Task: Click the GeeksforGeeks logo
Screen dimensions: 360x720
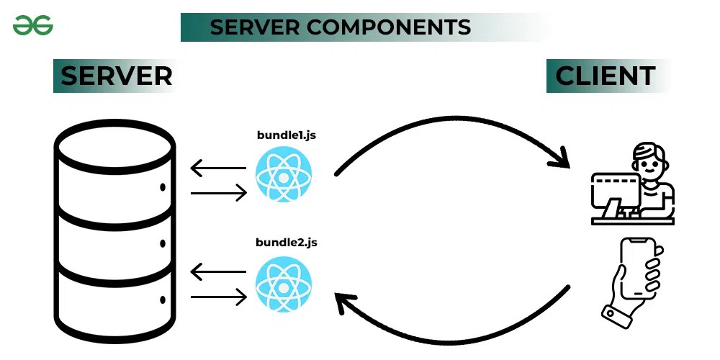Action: coord(32,27)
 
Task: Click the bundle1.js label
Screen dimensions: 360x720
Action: coord(286,135)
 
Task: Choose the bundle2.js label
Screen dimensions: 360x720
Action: coord(286,242)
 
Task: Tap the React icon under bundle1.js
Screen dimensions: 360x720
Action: coord(282,174)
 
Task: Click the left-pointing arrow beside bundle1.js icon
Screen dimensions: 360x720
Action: coord(217,168)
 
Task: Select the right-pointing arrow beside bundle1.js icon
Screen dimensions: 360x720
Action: coord(219,193)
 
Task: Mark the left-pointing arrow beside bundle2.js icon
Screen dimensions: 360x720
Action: coord(217,273)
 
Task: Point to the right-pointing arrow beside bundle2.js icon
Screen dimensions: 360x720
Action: coord(219,296)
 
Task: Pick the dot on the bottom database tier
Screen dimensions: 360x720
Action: coord(162,299)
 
